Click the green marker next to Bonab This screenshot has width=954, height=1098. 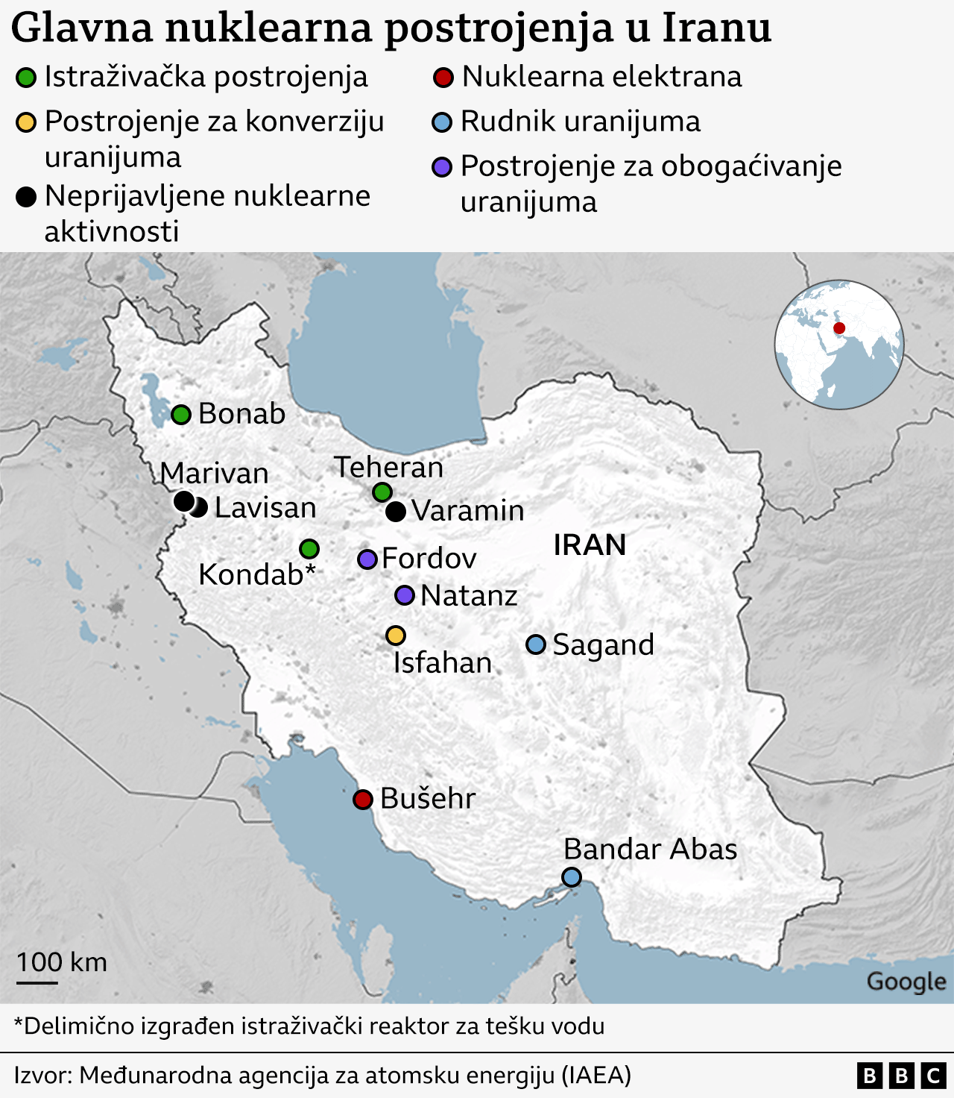click(181, 415)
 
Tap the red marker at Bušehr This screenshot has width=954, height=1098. click(363, 800)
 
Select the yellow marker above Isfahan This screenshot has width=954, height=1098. click(396, 636)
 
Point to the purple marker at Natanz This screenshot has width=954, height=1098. click(405, 595)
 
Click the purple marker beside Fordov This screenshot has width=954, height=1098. click(367, 559)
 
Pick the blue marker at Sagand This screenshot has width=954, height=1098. click(536, 644)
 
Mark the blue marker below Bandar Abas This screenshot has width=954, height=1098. click(572, 877)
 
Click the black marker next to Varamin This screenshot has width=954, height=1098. click(396, 511)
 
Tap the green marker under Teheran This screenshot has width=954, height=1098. click(382, 492)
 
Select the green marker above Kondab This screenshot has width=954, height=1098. click(309, 549)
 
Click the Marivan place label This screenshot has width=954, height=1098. click(214, 474)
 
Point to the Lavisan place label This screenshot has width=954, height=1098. click(265, 508)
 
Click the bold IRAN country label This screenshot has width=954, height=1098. click(590, 545)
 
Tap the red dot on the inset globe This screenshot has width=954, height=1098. click(839, 328)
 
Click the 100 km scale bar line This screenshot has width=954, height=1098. click(37, 982)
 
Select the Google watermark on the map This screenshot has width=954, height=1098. click(906, 982)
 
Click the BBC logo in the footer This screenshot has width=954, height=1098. click(901, 1076)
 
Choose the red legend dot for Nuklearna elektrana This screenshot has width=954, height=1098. click(443, 78)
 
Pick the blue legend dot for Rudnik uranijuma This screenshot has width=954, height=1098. click(443, 122)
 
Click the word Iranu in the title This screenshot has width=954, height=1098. click(716, 28)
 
